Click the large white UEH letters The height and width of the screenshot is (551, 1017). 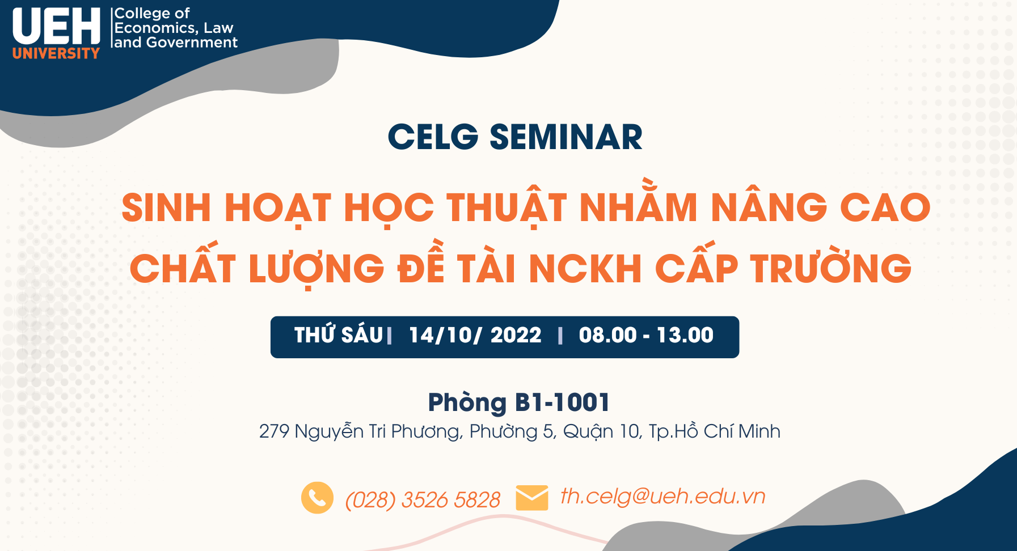[x=56, y=27]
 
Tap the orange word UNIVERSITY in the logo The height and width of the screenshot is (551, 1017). [x=56, y=53]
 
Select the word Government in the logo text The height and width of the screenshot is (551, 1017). [x=192, y=43]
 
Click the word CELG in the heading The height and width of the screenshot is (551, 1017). [x=433, y=137]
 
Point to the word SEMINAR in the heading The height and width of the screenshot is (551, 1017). [x=566, y=137]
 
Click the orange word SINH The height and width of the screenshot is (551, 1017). [x=167, y=207]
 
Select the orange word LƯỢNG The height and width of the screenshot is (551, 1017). [x=317, y=268]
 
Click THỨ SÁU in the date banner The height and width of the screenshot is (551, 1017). [x=339, y=334]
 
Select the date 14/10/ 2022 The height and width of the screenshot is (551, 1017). [x=475, y=336]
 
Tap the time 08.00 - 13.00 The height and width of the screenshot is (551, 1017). [x=646, y=336]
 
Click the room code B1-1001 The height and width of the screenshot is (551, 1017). [x=562, y=402]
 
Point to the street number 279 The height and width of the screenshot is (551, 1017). [x=274, y=432]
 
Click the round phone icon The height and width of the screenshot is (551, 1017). [x=318, y=498]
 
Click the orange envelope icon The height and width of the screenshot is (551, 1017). [x=532, y=498]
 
